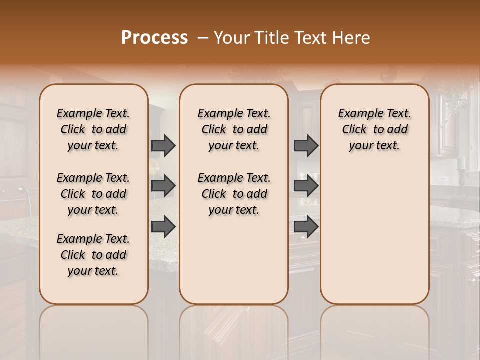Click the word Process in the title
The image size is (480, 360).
pyautogui.click(x=154, y=38)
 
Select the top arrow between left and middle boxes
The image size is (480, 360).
pyautogui.click(x=163, y=146)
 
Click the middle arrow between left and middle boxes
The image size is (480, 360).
pyautogui.click(x=163, y=186)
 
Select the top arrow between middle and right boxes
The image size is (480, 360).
pyautogui.click(x=306, y=146)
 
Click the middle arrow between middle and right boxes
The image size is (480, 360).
pyautogui.click(x=306, y=186)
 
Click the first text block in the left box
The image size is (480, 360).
pyautogui.click(x=93, y=129)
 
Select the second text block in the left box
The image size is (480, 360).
pyautogui.click(x=93, y=194)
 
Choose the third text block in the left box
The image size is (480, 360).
pyautogui.click(x=93, y=255)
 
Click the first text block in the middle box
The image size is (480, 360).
pyautogui.click(x=234, y=129)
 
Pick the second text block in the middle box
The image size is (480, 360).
pyautogui.click(x=234, y=194)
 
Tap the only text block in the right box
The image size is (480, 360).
pyautogui.click(x=374, y=129)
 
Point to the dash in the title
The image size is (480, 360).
pyautogui.click(x=203, y=38)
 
